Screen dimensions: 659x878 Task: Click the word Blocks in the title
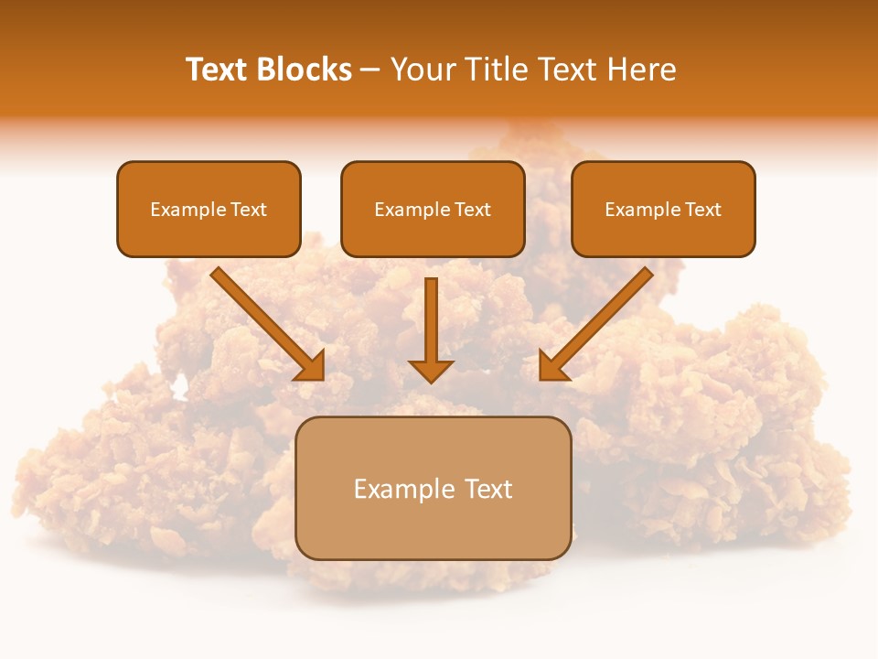pos(304,70)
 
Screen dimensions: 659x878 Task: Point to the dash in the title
pos(370,70)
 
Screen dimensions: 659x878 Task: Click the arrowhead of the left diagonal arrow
pos(311,366)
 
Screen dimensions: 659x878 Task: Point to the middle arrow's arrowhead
pos(431,371)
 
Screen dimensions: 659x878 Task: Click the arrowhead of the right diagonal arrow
pos(552,366)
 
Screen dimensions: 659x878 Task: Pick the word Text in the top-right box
pos(702,210)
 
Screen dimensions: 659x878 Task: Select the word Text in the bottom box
pos(489,489)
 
